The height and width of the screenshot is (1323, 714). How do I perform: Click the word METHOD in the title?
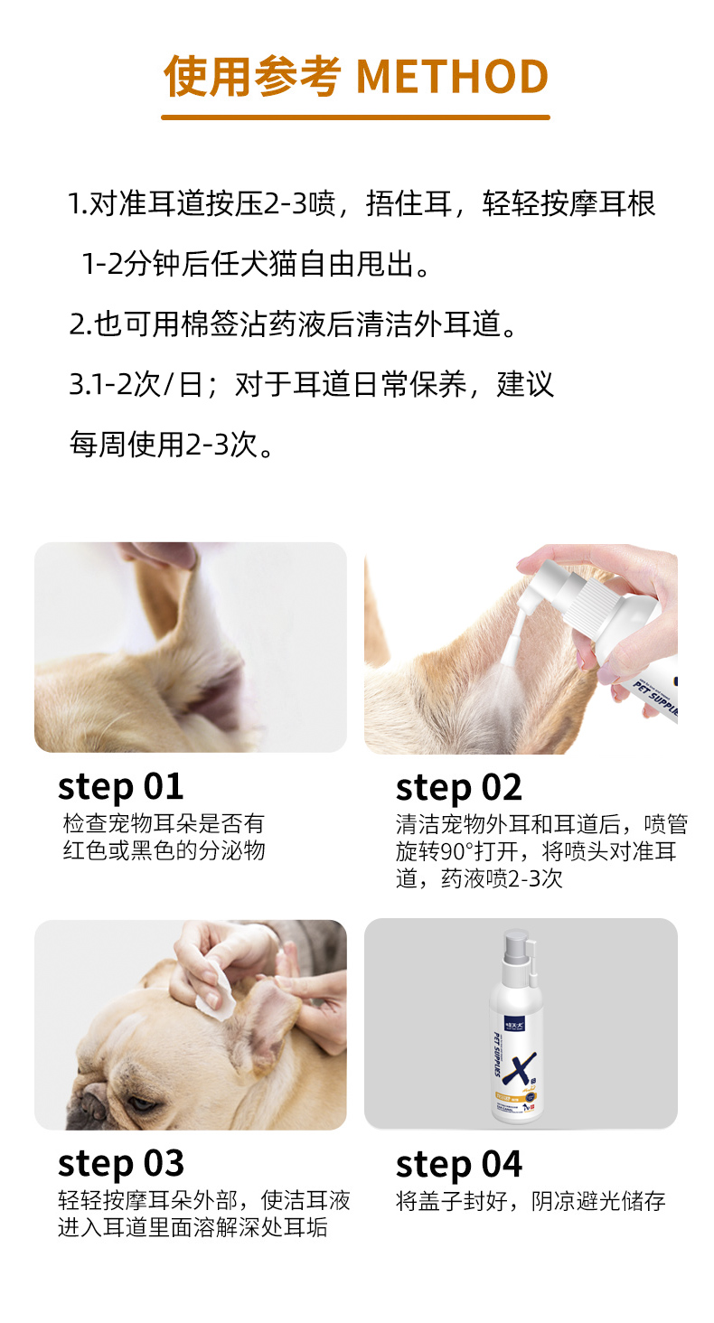453,76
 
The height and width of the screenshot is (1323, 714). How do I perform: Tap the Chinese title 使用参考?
252,76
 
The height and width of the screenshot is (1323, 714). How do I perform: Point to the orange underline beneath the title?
355,117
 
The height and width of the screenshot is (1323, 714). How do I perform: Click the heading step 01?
120,787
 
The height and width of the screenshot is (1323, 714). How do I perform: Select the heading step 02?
459,788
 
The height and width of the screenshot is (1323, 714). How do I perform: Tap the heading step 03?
120,1164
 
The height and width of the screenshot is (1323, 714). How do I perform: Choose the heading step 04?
459,1165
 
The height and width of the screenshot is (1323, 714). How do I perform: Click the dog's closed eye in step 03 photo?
144,1102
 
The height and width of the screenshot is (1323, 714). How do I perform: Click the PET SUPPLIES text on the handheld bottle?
655,699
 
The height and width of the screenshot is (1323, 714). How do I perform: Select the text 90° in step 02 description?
454,851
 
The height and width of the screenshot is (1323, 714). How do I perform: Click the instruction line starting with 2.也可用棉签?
293,324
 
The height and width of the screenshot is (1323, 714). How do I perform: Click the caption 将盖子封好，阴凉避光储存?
531,1201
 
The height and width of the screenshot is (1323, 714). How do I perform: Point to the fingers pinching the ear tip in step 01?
159,554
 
